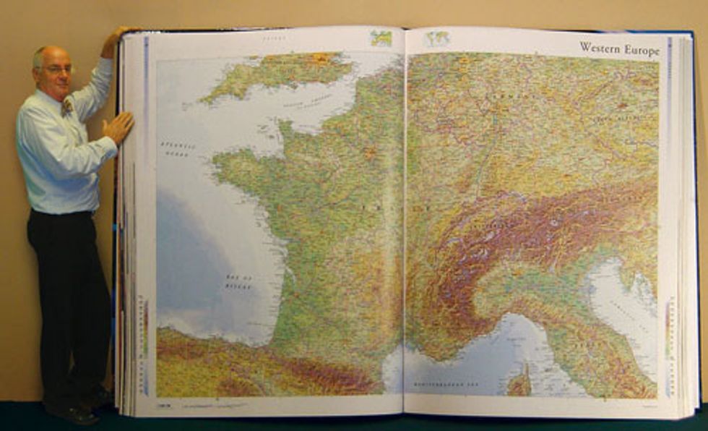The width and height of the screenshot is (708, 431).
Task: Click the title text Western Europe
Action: [619, 49]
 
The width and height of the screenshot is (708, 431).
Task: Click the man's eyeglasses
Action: [58, 69]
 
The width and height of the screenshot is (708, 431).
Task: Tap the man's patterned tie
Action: [67, 107]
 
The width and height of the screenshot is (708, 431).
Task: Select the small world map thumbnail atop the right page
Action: [436, 39]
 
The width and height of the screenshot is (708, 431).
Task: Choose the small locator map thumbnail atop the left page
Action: [381, 38]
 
